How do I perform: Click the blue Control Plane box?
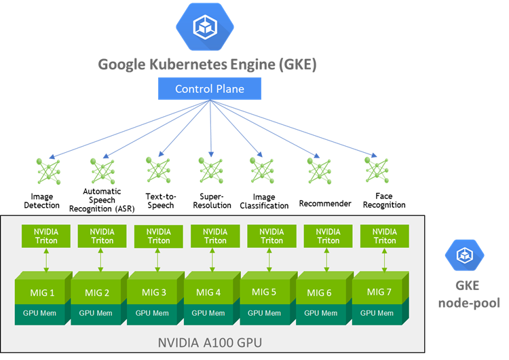(x=210, y=89)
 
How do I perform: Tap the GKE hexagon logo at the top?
(x=204, y=27)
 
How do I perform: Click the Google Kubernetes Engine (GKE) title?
(x=208, y=65)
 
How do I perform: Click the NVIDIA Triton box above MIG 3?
(x=159, y=236)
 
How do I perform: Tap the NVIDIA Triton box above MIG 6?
(x=328, y=236)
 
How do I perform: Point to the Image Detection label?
(x=41, y=201)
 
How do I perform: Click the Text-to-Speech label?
(x=160, y=201)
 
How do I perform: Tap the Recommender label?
(x=325, y=203)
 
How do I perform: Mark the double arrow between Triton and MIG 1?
(x=45, y=259)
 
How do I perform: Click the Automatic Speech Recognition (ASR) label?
(x=102, y=200)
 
